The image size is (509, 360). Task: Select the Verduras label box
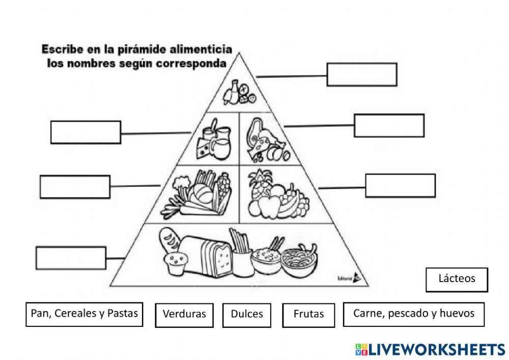tap(184, 314)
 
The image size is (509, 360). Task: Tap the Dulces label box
tap(247, 314)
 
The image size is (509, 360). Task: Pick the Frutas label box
tap(308, 315)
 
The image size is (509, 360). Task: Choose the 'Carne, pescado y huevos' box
tap(413, 314)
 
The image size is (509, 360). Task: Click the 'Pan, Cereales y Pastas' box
tap(84, 314)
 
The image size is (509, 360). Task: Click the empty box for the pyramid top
tap(361, 74)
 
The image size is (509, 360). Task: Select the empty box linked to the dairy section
tap(86, 132)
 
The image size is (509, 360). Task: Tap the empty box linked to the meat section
tap(389, 125)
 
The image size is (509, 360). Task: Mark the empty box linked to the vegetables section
tap(75, 186)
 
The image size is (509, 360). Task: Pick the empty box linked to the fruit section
tap(400, 185)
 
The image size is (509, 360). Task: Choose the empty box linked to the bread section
tap(71, 258)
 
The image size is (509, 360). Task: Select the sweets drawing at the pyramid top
tap(239, 92)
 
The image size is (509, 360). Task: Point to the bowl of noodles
tap(300, 261)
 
